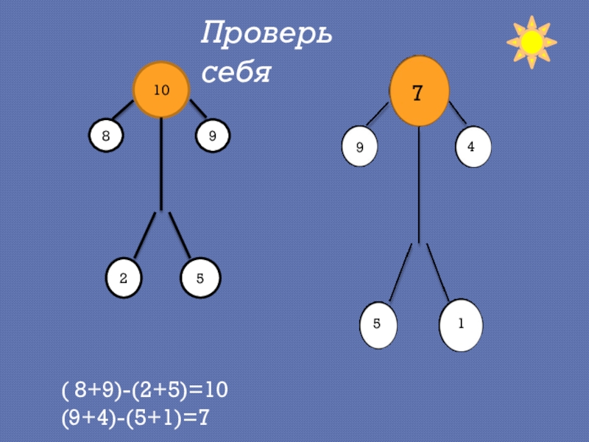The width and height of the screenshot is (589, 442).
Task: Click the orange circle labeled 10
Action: [x=161, y=91]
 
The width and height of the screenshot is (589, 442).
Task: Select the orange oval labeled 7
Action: [x=418, y=91]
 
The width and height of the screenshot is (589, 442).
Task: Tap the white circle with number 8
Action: [x=106, y=136]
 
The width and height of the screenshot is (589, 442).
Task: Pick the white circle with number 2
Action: [x=124, y=278]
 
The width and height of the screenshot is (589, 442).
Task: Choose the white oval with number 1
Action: [x=461, y=324]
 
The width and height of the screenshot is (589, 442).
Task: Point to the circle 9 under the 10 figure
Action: [x=213, y=136]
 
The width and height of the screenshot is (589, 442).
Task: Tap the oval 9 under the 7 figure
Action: [x=360, y=147]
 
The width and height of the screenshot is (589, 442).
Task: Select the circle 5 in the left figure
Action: [x=200, y=279]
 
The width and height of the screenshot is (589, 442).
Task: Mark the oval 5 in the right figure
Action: [x=378, y=324]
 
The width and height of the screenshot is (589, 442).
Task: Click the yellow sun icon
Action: [x=532, y=43]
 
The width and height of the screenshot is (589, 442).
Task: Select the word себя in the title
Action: [x=237, y=72]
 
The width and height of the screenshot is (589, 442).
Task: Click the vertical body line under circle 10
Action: [x=161, y=162]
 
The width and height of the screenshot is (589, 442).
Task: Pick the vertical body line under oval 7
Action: [x=418, y=184]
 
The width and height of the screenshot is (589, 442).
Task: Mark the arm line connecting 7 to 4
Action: [x=456, y=113]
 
